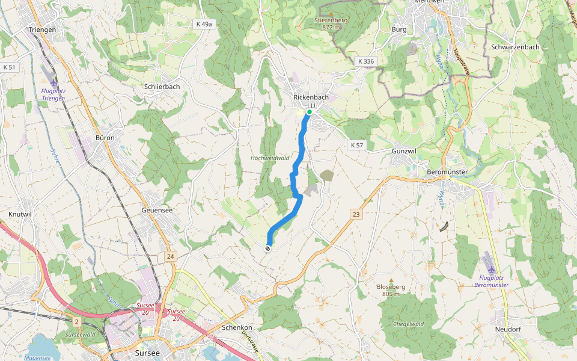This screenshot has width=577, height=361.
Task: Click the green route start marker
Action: [x=309, y=112]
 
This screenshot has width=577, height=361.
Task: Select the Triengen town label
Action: [x=42, y=29]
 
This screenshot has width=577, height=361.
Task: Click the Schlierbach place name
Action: [x=162, y=87]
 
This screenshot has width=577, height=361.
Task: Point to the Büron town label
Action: [x=105, y=138]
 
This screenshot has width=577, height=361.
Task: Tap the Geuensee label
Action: [x=157, y=211]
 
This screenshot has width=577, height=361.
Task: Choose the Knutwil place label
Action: [x=20, y=214]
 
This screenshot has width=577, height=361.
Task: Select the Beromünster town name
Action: [x=447, y=172]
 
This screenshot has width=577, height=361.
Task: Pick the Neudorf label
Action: [x=507, y=330]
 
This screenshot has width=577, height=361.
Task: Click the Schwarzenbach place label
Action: [x=515, y=47]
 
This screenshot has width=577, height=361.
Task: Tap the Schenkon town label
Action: [x=237, y=328]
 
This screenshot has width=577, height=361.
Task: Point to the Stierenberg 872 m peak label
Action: [x=332, y=23]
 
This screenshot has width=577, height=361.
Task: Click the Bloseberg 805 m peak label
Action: [x=391, y=290]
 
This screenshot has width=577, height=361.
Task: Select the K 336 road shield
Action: [x=365, y=61]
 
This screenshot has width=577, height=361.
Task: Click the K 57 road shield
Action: [x=357, y=145]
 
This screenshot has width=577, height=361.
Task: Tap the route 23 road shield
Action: [x=356, y=214]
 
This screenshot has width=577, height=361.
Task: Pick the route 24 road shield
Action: [x=171, y=257]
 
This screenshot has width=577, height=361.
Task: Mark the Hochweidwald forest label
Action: [x=270, y=158]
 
